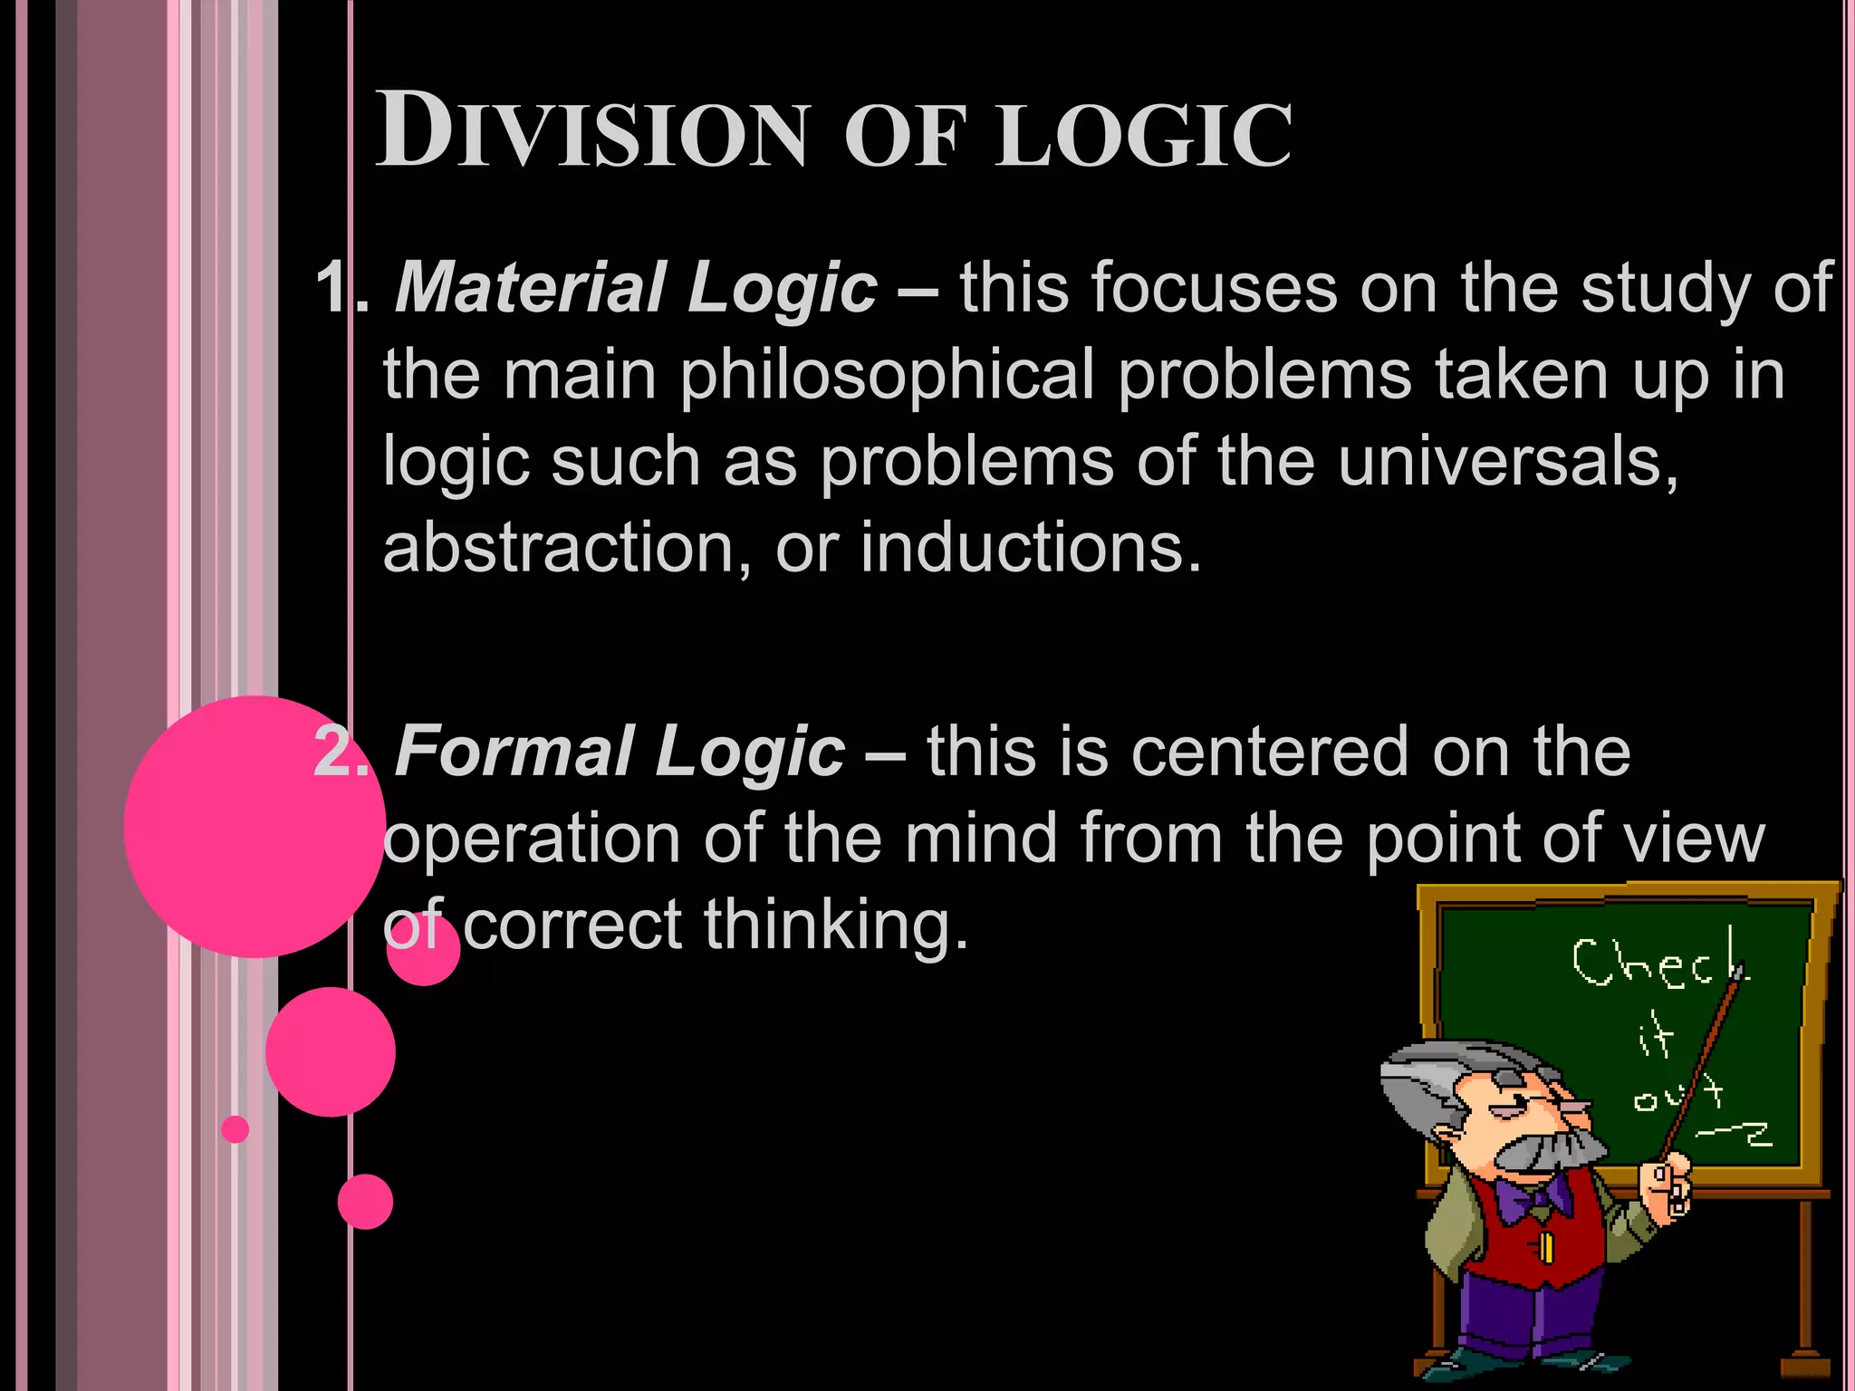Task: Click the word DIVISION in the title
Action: pyautogui.click(x=591, y=131)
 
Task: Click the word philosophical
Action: pyautogui.click(x=887, y=375)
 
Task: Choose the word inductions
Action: pyautogui.click(x=1030, y=549)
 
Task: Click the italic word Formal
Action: pyautogui.click(x=514, y=752)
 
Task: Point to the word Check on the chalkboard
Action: pyautogui.click(x=1658, y=964)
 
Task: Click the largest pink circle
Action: pyautogui.click(x=254, y=826)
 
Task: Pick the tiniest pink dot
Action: pyautogui.click(x=235, y=1129)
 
